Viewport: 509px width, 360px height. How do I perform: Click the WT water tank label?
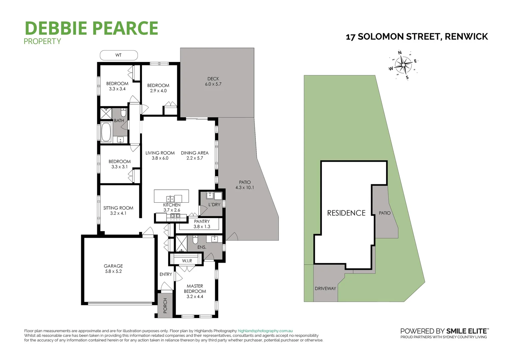pyautogui.click(x=119, y=55)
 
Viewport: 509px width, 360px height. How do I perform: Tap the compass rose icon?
pyautogui.click(x=403, y=65)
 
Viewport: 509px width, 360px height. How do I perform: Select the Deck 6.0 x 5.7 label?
pyautogui.click(x=213, y=82)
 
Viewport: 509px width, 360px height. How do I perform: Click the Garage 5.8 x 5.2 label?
pyautogui.click(x=113, y=269)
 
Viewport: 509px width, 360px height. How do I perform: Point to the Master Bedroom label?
pyautogui.click(x=195, y=291)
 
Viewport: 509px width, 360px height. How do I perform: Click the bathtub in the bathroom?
pyautogui.click(x=106, y=132)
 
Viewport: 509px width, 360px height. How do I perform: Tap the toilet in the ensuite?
pyautogui.click(x=196, y=239)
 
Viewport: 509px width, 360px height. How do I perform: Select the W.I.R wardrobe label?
pyautogui.click(x=187, y=261)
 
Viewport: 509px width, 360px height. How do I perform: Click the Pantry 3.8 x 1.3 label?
pyautogui.click(x=202, y=224)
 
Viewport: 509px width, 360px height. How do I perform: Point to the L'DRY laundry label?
pyautogui.click(x=214, y=204)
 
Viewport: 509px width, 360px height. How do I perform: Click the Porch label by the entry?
pyautogui.click(x=165, y=305)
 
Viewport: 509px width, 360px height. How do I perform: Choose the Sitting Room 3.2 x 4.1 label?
pyautogui.click(x=118, y=210)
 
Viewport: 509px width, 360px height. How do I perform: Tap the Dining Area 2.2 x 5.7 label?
pyautogui.click(x=195, y=155)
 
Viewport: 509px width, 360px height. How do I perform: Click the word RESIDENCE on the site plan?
pyautogui.click(x=346, y=213)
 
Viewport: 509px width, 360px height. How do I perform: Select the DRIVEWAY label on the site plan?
pyautogui.click(x=325, y=288)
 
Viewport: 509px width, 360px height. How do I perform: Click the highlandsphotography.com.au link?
pyautogui.click(x=265, y=331)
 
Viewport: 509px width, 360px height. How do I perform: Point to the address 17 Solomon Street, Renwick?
pyautogui.click(x=417, y=37)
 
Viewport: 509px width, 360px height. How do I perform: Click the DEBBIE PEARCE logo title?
pyautogui.click(x=92, y=28)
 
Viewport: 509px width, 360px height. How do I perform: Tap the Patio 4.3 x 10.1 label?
pyautogui.click(x=245, y=185)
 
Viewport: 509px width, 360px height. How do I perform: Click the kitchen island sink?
pyautogui.click(x=170, y=197)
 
